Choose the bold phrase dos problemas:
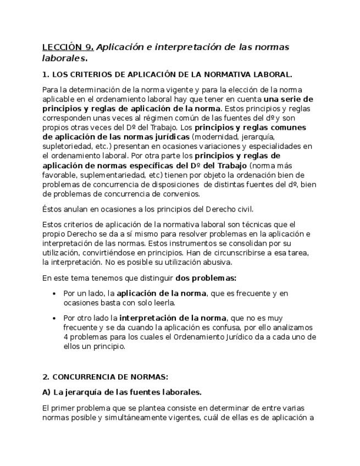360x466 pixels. (x=206, y=278)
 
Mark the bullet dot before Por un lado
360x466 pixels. (x=54, y=293)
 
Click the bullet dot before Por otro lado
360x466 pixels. (x=54, y=318)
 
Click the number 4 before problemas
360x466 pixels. (x=66, y=337)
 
